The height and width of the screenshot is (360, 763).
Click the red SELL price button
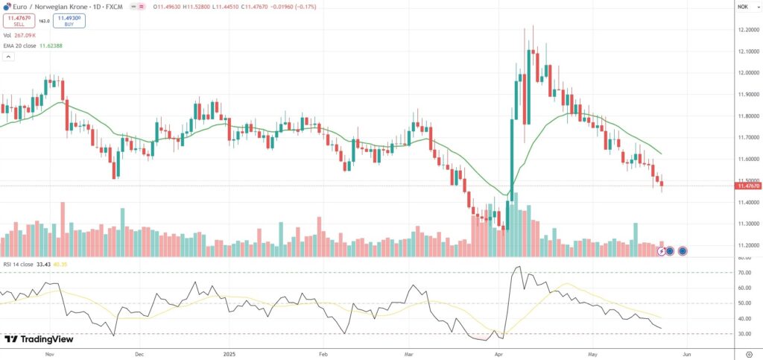19,21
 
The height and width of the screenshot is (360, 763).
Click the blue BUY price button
69,21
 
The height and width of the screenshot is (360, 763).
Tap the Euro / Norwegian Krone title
49,7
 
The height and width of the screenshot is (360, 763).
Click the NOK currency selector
743,7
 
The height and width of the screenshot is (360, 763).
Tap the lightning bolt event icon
659,251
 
